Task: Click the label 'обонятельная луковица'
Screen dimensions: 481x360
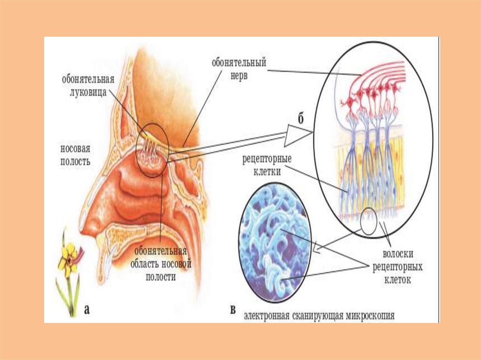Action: [x=88, y=84]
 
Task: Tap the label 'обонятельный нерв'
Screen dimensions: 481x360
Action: [x=239, y=69]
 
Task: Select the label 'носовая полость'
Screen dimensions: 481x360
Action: [x=75, y=155]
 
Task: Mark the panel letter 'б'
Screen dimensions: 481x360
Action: [x=300, y=118]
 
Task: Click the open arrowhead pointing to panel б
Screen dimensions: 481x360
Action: [x=298, y=137]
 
